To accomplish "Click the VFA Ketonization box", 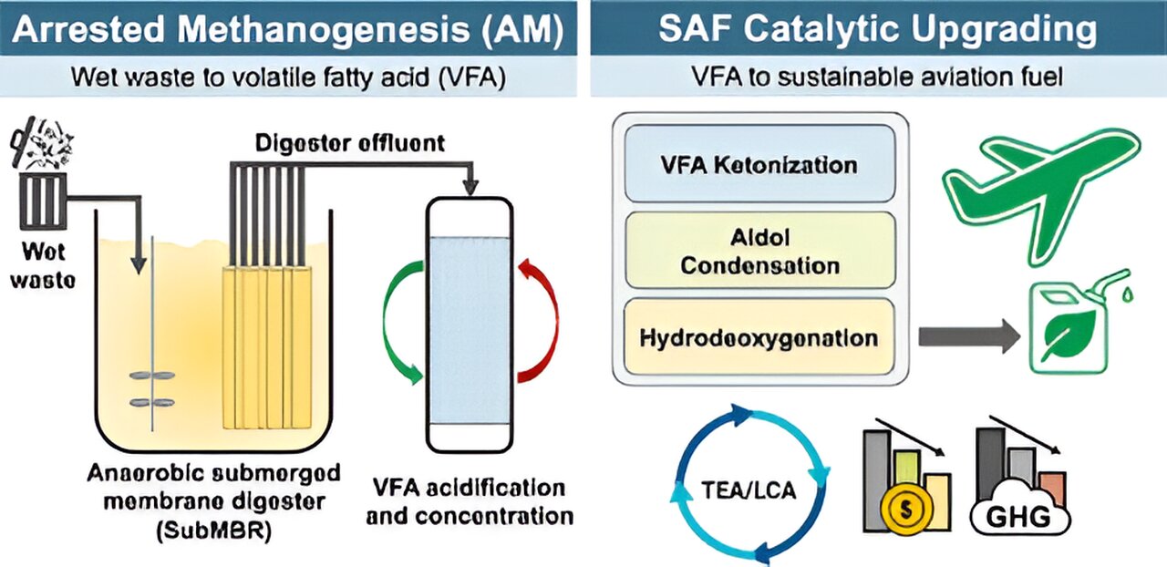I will [759, 166].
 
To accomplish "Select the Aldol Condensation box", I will [759, 252].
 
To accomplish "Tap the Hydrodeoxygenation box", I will [759, 337].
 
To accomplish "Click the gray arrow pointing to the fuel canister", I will [967, 337].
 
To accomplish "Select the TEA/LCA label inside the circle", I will [750, 491].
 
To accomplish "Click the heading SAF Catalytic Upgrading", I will [877, 29].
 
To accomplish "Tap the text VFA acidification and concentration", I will [469, 500].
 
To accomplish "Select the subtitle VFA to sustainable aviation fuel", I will [877, 77].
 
